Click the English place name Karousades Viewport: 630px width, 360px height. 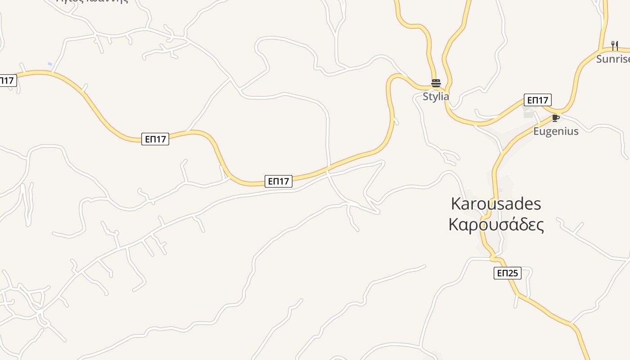495,204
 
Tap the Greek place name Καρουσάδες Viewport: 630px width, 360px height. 496,225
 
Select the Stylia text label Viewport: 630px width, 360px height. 436,96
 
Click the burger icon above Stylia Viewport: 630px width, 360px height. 436,83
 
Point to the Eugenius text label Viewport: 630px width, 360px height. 556,131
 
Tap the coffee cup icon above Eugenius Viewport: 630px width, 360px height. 556,118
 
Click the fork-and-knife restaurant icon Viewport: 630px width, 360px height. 614,45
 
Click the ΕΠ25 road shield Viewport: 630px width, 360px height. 507,273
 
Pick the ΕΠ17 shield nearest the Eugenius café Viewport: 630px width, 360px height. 537,100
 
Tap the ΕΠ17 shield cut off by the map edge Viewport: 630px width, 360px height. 8,81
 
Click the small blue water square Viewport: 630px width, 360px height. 50,64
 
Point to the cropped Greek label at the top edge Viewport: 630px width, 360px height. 92,1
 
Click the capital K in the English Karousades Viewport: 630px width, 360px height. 455,204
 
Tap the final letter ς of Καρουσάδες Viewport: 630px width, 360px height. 540,225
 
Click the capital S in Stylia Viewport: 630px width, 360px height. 426,96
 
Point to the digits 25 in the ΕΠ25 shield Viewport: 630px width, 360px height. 513,273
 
